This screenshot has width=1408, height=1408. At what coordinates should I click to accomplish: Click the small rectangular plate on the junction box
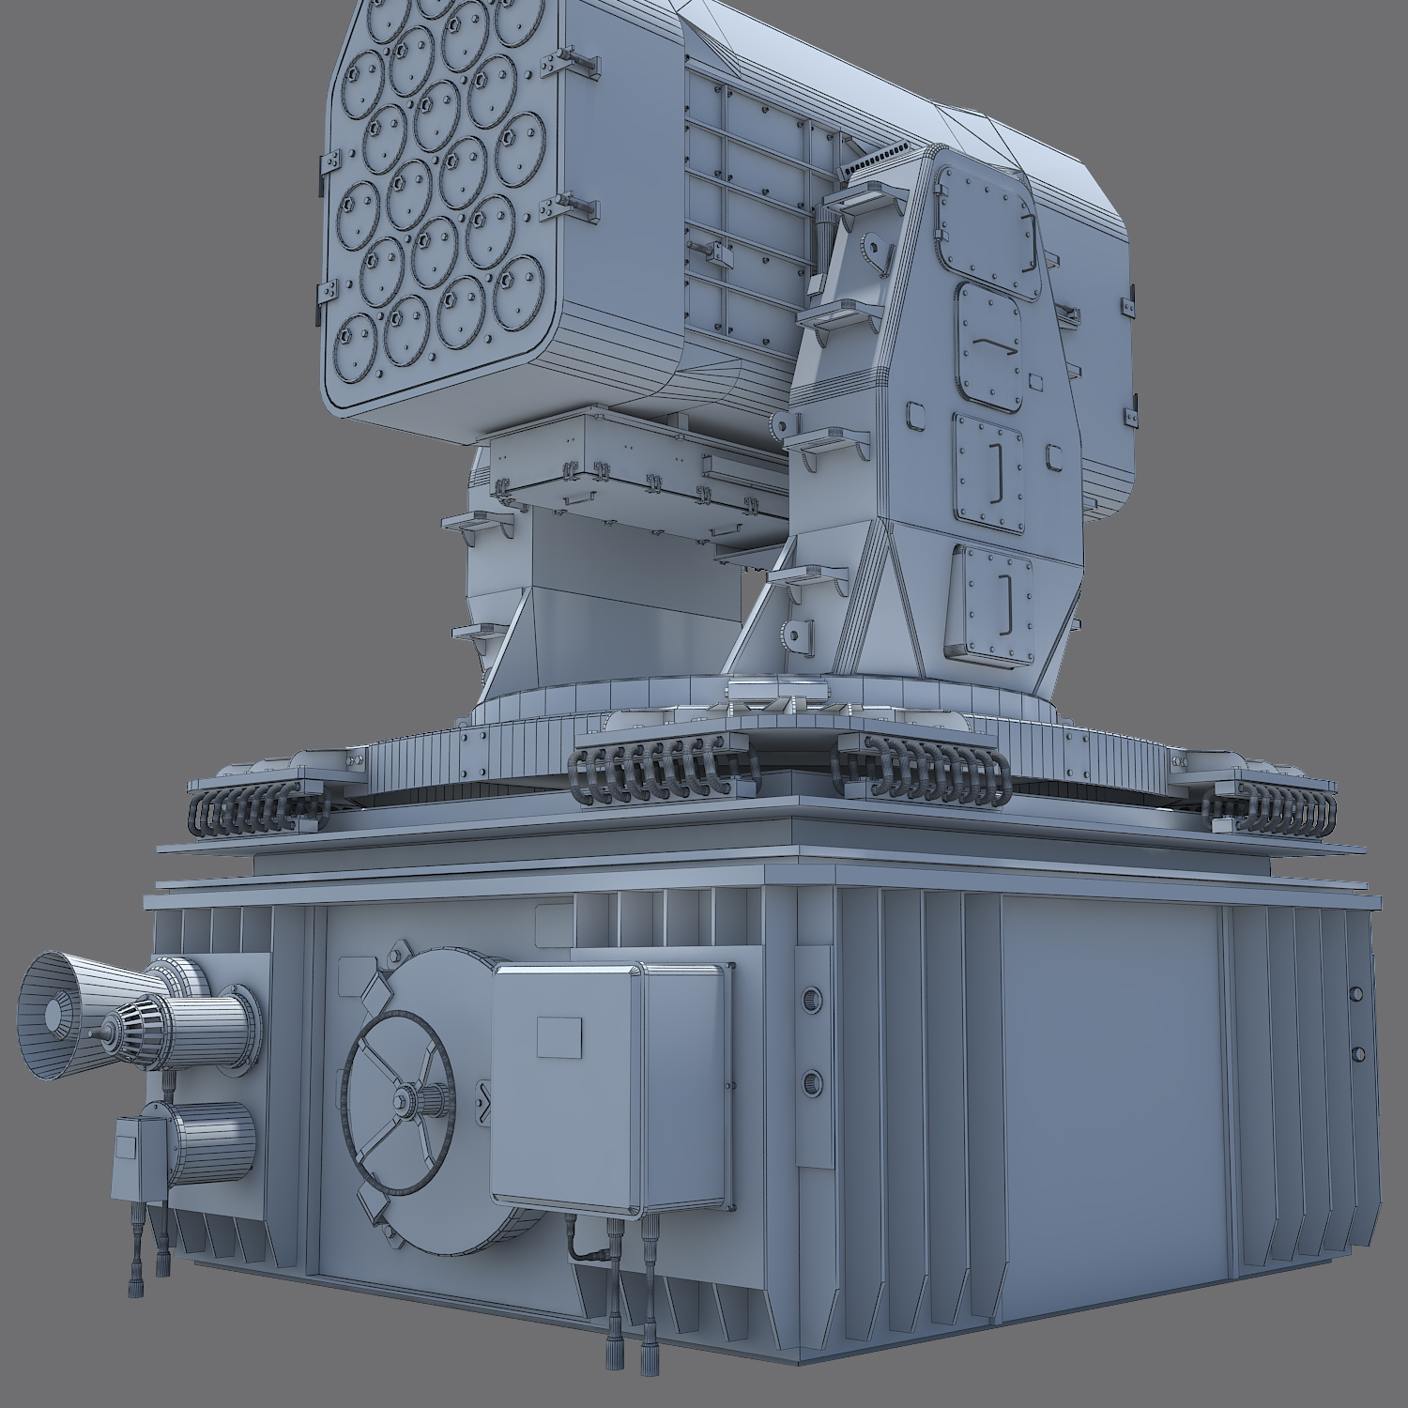(559, 1037)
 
